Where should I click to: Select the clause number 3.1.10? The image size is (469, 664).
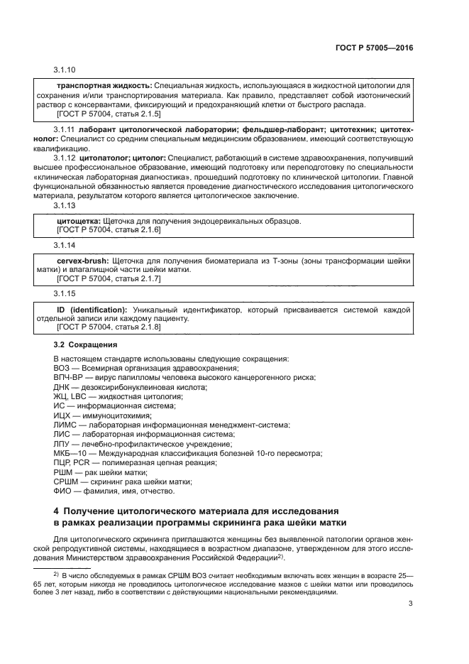coord(65,70)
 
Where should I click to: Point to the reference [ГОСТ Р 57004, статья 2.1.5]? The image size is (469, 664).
coord(108,114)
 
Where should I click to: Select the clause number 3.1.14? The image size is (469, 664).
coord(65,245)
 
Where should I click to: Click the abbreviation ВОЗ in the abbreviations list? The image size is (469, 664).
coord(62,368)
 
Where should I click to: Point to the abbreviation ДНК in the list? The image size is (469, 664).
coord(62,388)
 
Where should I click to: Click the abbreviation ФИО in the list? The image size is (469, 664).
coord(62,491)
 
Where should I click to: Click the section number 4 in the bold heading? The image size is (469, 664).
coord(57,511)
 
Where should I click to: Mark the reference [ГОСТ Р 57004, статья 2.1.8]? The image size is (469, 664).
coord(108,328)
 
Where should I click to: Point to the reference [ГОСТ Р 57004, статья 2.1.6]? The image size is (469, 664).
coord(108,230)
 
